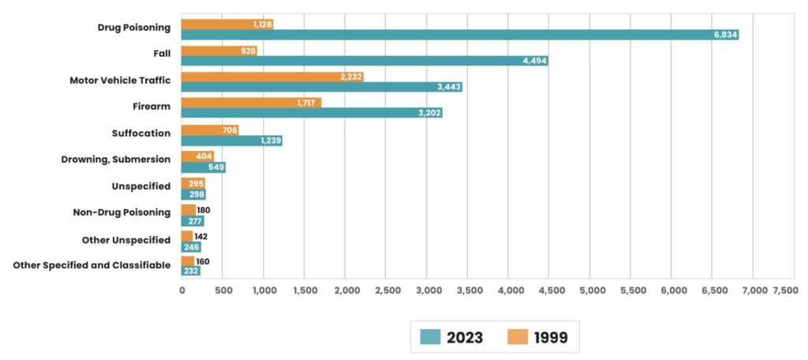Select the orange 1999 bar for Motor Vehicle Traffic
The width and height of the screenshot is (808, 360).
pos(272,77)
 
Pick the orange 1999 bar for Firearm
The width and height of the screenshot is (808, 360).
pos(251,103)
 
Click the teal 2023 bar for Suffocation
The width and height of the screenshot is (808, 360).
pos(231,141)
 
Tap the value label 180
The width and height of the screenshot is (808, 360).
pos(204,210)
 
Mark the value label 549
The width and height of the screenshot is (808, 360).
pos(215,167)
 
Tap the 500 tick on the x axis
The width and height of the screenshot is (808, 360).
pos(223,291)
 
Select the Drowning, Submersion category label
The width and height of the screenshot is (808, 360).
pos(115,159)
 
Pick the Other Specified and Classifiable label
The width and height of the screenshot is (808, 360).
pos(92,265)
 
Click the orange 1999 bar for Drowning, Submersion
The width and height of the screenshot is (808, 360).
pos(197,156)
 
